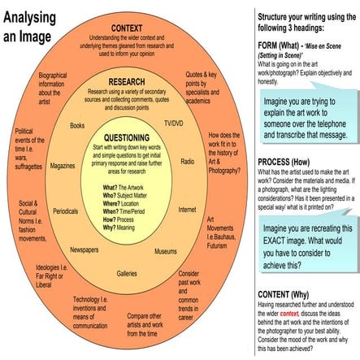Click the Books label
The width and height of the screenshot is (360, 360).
pos(77,126)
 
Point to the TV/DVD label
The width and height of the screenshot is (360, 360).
pos(173,123)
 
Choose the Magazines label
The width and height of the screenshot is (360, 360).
pos(62,165)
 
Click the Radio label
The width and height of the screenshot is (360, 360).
pos(187,162)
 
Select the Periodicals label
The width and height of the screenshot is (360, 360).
pos(65,210)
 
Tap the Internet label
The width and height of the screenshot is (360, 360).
pos(187,209)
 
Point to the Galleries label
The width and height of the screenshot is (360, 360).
pos(126,273)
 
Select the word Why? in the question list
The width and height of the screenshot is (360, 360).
pos(111,228)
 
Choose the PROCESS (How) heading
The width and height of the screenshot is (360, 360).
pos(285,162)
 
